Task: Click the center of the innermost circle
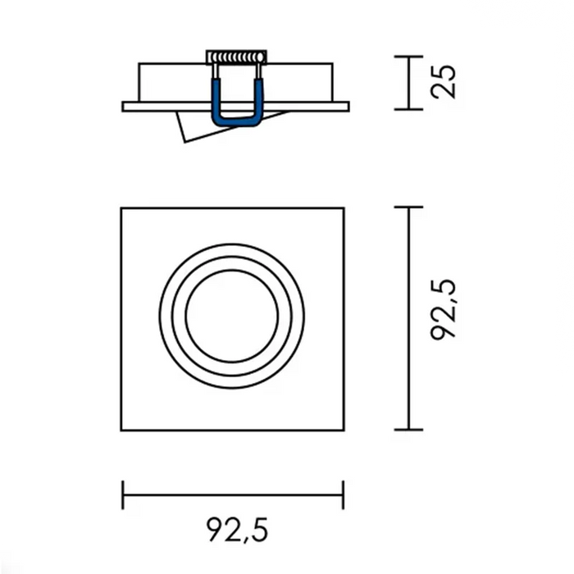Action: [231, 318]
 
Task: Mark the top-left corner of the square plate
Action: [122, 207]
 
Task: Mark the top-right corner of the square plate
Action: [344, 207]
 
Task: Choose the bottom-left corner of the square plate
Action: [122, 429]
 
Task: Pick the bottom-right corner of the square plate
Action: [344, 429]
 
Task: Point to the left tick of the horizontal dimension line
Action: [123, 494]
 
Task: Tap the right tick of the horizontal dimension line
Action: [343, 494]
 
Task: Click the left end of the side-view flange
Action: [124, 107]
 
